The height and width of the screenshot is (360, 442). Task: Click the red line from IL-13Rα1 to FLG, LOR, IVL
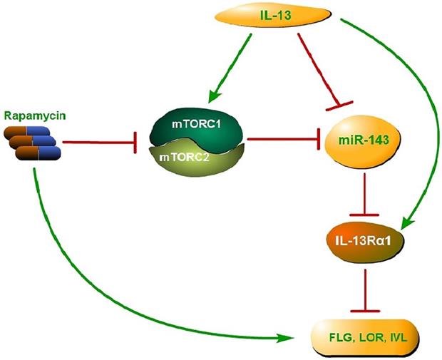coord(364,285)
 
